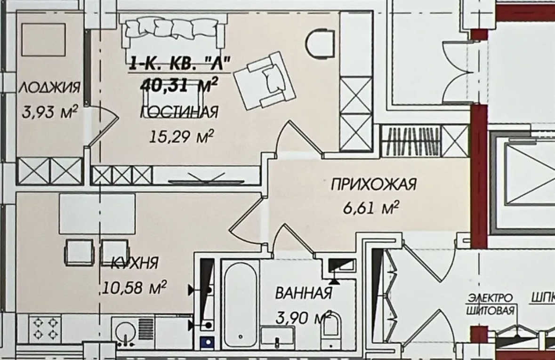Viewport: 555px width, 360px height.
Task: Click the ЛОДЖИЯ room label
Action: (x=49, y=87)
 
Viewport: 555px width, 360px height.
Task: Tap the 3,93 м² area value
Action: (x=49, y=112)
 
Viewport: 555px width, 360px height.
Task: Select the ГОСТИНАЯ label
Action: (x=180, y=112)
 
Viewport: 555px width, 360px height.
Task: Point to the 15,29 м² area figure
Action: (x=182, y=137)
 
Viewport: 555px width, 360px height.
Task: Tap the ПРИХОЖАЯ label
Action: (x=373, y=184)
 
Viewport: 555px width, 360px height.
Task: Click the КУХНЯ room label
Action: (x=135, y=264)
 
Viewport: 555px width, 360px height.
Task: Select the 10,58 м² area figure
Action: (x=135, y=286)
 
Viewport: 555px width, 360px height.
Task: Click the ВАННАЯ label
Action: (x=304, y=294)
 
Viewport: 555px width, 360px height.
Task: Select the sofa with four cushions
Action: (x=172, y=30)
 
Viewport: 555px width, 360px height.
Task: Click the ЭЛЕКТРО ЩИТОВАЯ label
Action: (x=490, y=304)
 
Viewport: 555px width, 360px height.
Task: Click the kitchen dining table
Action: (x=97, y=214)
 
